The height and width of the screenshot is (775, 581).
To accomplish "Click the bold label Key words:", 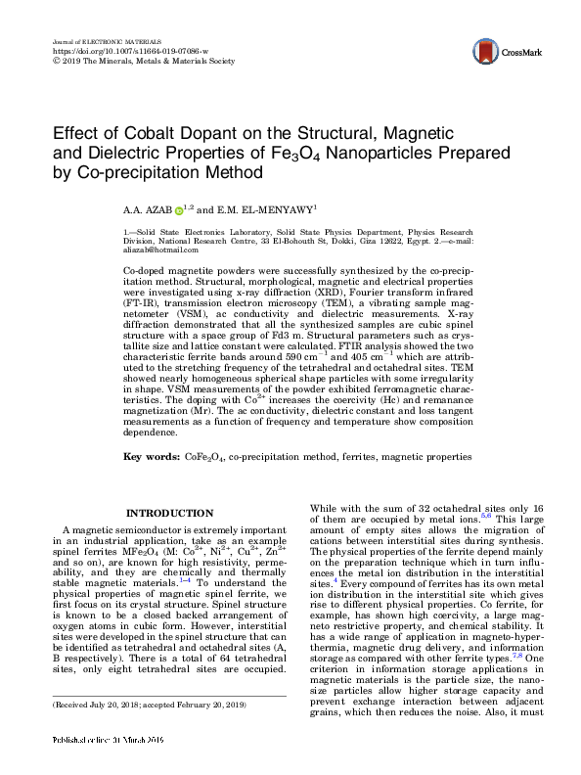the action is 153,457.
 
